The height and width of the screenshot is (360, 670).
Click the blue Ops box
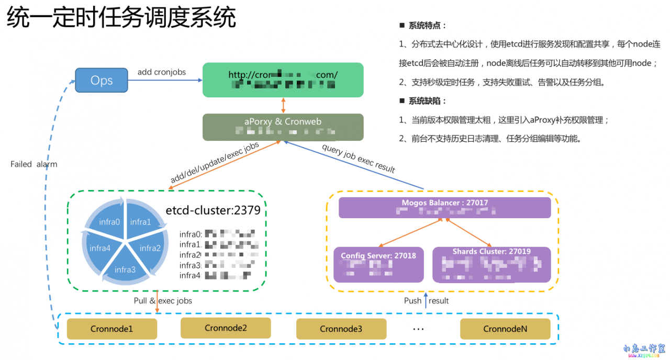pos(102,80)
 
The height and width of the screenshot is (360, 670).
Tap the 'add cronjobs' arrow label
pos(161,72)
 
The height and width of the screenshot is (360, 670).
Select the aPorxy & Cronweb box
pos(283,127)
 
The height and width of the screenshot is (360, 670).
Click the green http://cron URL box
pos(283,80)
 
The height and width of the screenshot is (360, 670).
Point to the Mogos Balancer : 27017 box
pos(445,207)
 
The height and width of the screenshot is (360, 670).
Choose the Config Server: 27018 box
pos(378,264)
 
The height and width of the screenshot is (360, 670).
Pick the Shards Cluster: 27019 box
pos(492,264)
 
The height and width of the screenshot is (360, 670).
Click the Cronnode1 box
pos(111,329)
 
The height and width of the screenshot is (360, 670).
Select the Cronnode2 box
pos(226,328)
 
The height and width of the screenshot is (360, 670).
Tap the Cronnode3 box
pos(341,329)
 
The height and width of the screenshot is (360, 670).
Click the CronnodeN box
pos(505,329)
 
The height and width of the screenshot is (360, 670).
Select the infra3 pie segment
pos(125,269)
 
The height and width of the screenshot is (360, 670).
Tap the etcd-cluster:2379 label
pos(213,211)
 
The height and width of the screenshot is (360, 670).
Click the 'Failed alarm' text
pos(34,164)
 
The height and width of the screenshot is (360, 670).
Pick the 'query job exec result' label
pos(359,159)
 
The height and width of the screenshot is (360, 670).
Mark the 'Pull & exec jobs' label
pos(163,300)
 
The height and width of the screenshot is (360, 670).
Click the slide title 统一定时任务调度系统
pos(121,18)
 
